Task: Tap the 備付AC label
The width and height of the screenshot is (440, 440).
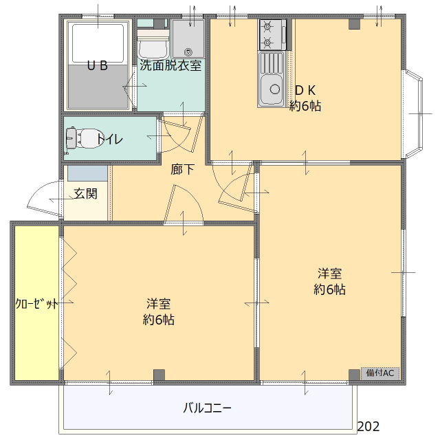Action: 380,373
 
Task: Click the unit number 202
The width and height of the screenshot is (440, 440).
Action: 368,426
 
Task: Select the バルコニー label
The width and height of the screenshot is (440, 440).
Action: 207,408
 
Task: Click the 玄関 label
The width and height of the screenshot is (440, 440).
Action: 86,194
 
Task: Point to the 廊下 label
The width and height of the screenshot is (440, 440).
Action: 182,169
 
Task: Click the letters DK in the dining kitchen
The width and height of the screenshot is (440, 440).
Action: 305,90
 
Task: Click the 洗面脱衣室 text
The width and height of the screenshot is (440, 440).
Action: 170,66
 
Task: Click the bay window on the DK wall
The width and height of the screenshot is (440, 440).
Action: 415,111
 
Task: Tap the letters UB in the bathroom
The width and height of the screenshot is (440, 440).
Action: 97,66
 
